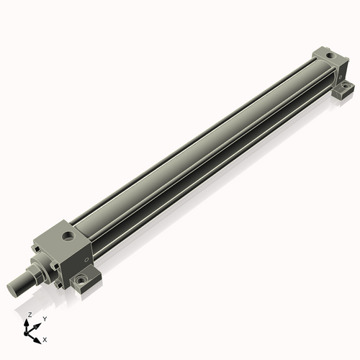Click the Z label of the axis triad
pyautogui.click(x=30, y=315)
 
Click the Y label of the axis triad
pyautogui.click(x=44, y=318)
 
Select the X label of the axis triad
pyautogui.click(x=45, y=338)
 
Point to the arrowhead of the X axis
pyautogui.click(x=38, y=336)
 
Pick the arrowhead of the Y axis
pyautogui.click(x=39, y=323)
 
